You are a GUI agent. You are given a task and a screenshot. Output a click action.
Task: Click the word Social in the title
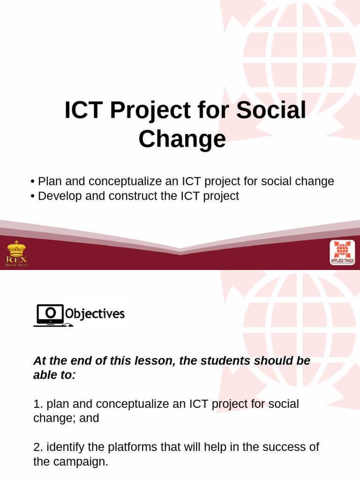pyautogui.click(x=271, y=111)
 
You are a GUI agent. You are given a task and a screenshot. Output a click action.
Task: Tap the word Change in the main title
pyautogui.click(x=182, y=139)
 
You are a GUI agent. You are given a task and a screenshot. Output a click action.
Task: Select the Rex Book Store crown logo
pyautogui.click(x=16, y=253)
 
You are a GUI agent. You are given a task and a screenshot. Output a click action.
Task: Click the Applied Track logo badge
pyautogui.click(x=342, y=253)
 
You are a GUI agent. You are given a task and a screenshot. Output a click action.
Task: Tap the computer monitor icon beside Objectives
pyautogui.click(x=48, y=314)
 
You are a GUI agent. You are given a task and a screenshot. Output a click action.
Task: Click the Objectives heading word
pyautogui.click(x=95, y=314)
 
